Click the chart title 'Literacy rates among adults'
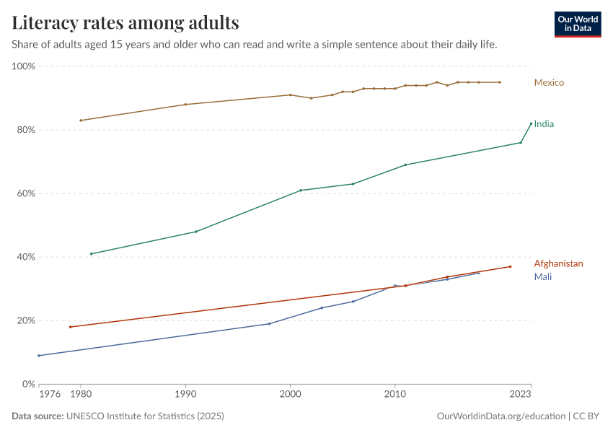(125, 23)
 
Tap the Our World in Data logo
(577, 24)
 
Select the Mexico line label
(548, 82)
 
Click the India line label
(544, 124)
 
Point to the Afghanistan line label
(558, 263)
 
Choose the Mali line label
(542, 276)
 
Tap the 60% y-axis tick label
(26, 193)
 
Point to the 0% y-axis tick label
(29, 384)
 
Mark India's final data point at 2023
(532, 123)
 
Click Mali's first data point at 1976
(39, 355)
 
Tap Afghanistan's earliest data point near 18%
(70, 327)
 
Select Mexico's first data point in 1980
(81, 120)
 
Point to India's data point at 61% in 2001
(301, 190)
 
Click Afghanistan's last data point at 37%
(511, 266)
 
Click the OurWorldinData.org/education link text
(501, 416)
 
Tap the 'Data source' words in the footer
(38, 416)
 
